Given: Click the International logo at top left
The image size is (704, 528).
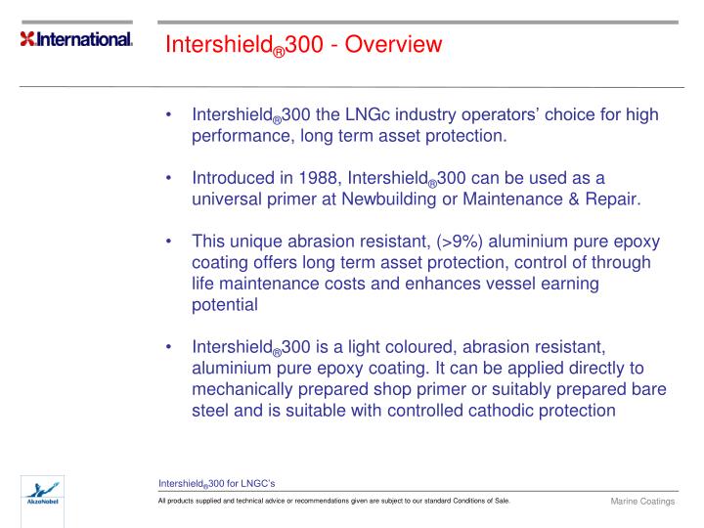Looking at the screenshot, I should [76, 40].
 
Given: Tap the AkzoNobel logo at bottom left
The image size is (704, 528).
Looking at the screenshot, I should [40, 495].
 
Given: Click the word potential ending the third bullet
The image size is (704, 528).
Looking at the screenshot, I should [225, 304].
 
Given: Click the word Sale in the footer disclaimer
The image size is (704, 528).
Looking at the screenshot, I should [500, 502].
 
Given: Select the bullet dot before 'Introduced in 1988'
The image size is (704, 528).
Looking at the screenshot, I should [171, 178].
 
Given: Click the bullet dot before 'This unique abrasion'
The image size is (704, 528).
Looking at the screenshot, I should [171, 242].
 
